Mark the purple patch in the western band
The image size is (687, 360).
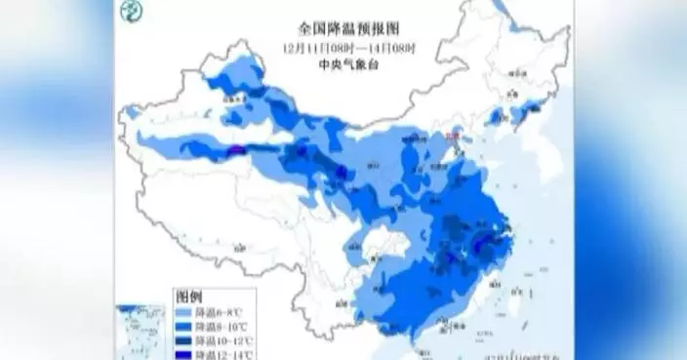(236, 150)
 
